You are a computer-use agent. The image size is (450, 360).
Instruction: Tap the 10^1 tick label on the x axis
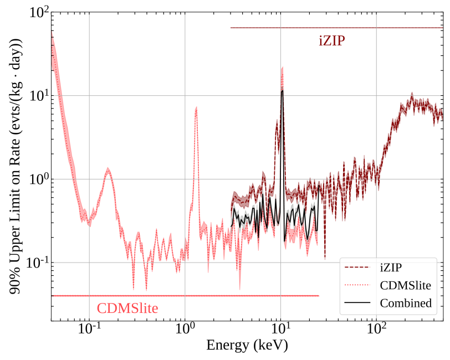[280, 331]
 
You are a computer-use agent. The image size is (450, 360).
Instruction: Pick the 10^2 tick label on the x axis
[376, 331]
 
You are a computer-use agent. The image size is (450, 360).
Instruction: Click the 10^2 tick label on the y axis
[38, 13]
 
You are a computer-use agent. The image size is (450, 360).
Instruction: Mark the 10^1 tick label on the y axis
[38, 96]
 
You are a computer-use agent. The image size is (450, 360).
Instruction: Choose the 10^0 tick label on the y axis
[38, 179]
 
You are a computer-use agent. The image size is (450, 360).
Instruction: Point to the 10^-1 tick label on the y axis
[36, 263]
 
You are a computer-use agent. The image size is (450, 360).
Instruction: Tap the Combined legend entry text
[405, 303]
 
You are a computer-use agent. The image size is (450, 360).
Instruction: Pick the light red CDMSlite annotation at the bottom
[127, 308]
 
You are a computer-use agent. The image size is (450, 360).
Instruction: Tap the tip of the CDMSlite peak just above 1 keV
[196, 107]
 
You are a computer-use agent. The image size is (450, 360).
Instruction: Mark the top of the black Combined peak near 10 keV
[282, 91]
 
